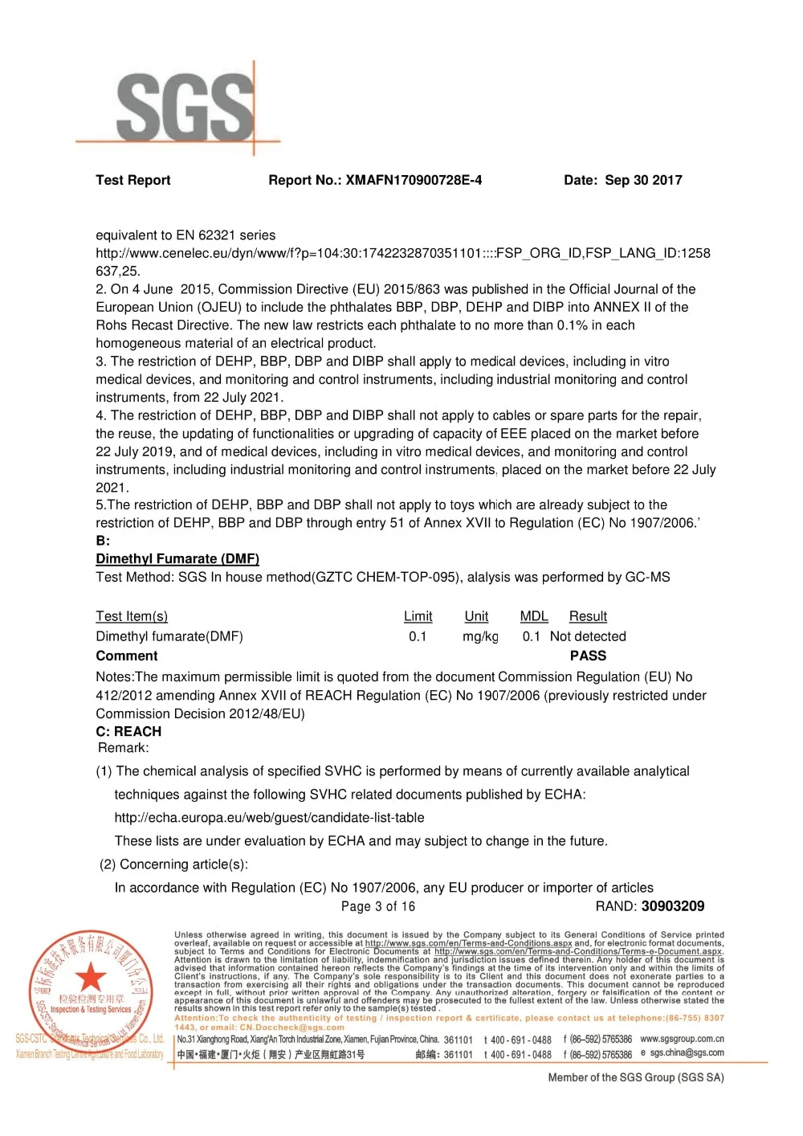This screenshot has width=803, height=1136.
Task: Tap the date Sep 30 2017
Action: click(x=643, y=180)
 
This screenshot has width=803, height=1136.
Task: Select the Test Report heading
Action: click(x=133, y=180)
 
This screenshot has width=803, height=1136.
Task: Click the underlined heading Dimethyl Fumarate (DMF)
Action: click(x=177, y=558)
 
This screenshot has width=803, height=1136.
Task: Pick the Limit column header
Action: click(x=418, y=616)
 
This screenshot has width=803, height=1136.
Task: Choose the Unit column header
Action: click(x=476, y=616)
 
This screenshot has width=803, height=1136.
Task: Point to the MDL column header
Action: click(x=534, y=616)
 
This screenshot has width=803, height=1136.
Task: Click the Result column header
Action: click(x=588, y=616)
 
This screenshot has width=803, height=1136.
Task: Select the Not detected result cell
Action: click(x=588, y=636)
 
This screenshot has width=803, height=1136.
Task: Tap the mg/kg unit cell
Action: click(x=480, y=636)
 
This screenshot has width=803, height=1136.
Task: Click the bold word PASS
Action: click(x=588, y=656)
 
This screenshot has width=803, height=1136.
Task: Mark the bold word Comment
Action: click(x=127, y=656)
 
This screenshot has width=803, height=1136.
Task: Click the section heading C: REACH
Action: click(x=128, y=731)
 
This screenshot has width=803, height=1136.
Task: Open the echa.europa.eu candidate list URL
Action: click(x=269, y=818)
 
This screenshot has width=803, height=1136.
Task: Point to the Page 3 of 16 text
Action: click(x=378, y=906)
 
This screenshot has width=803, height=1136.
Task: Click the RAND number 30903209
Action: click(x=673, y=906)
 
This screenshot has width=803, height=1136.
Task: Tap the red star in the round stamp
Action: click(x=91, y=978)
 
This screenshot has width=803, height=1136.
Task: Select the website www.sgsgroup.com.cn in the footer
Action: click(x=682, y=1039)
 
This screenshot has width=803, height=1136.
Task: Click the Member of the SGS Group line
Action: click(x=636, y=1077)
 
